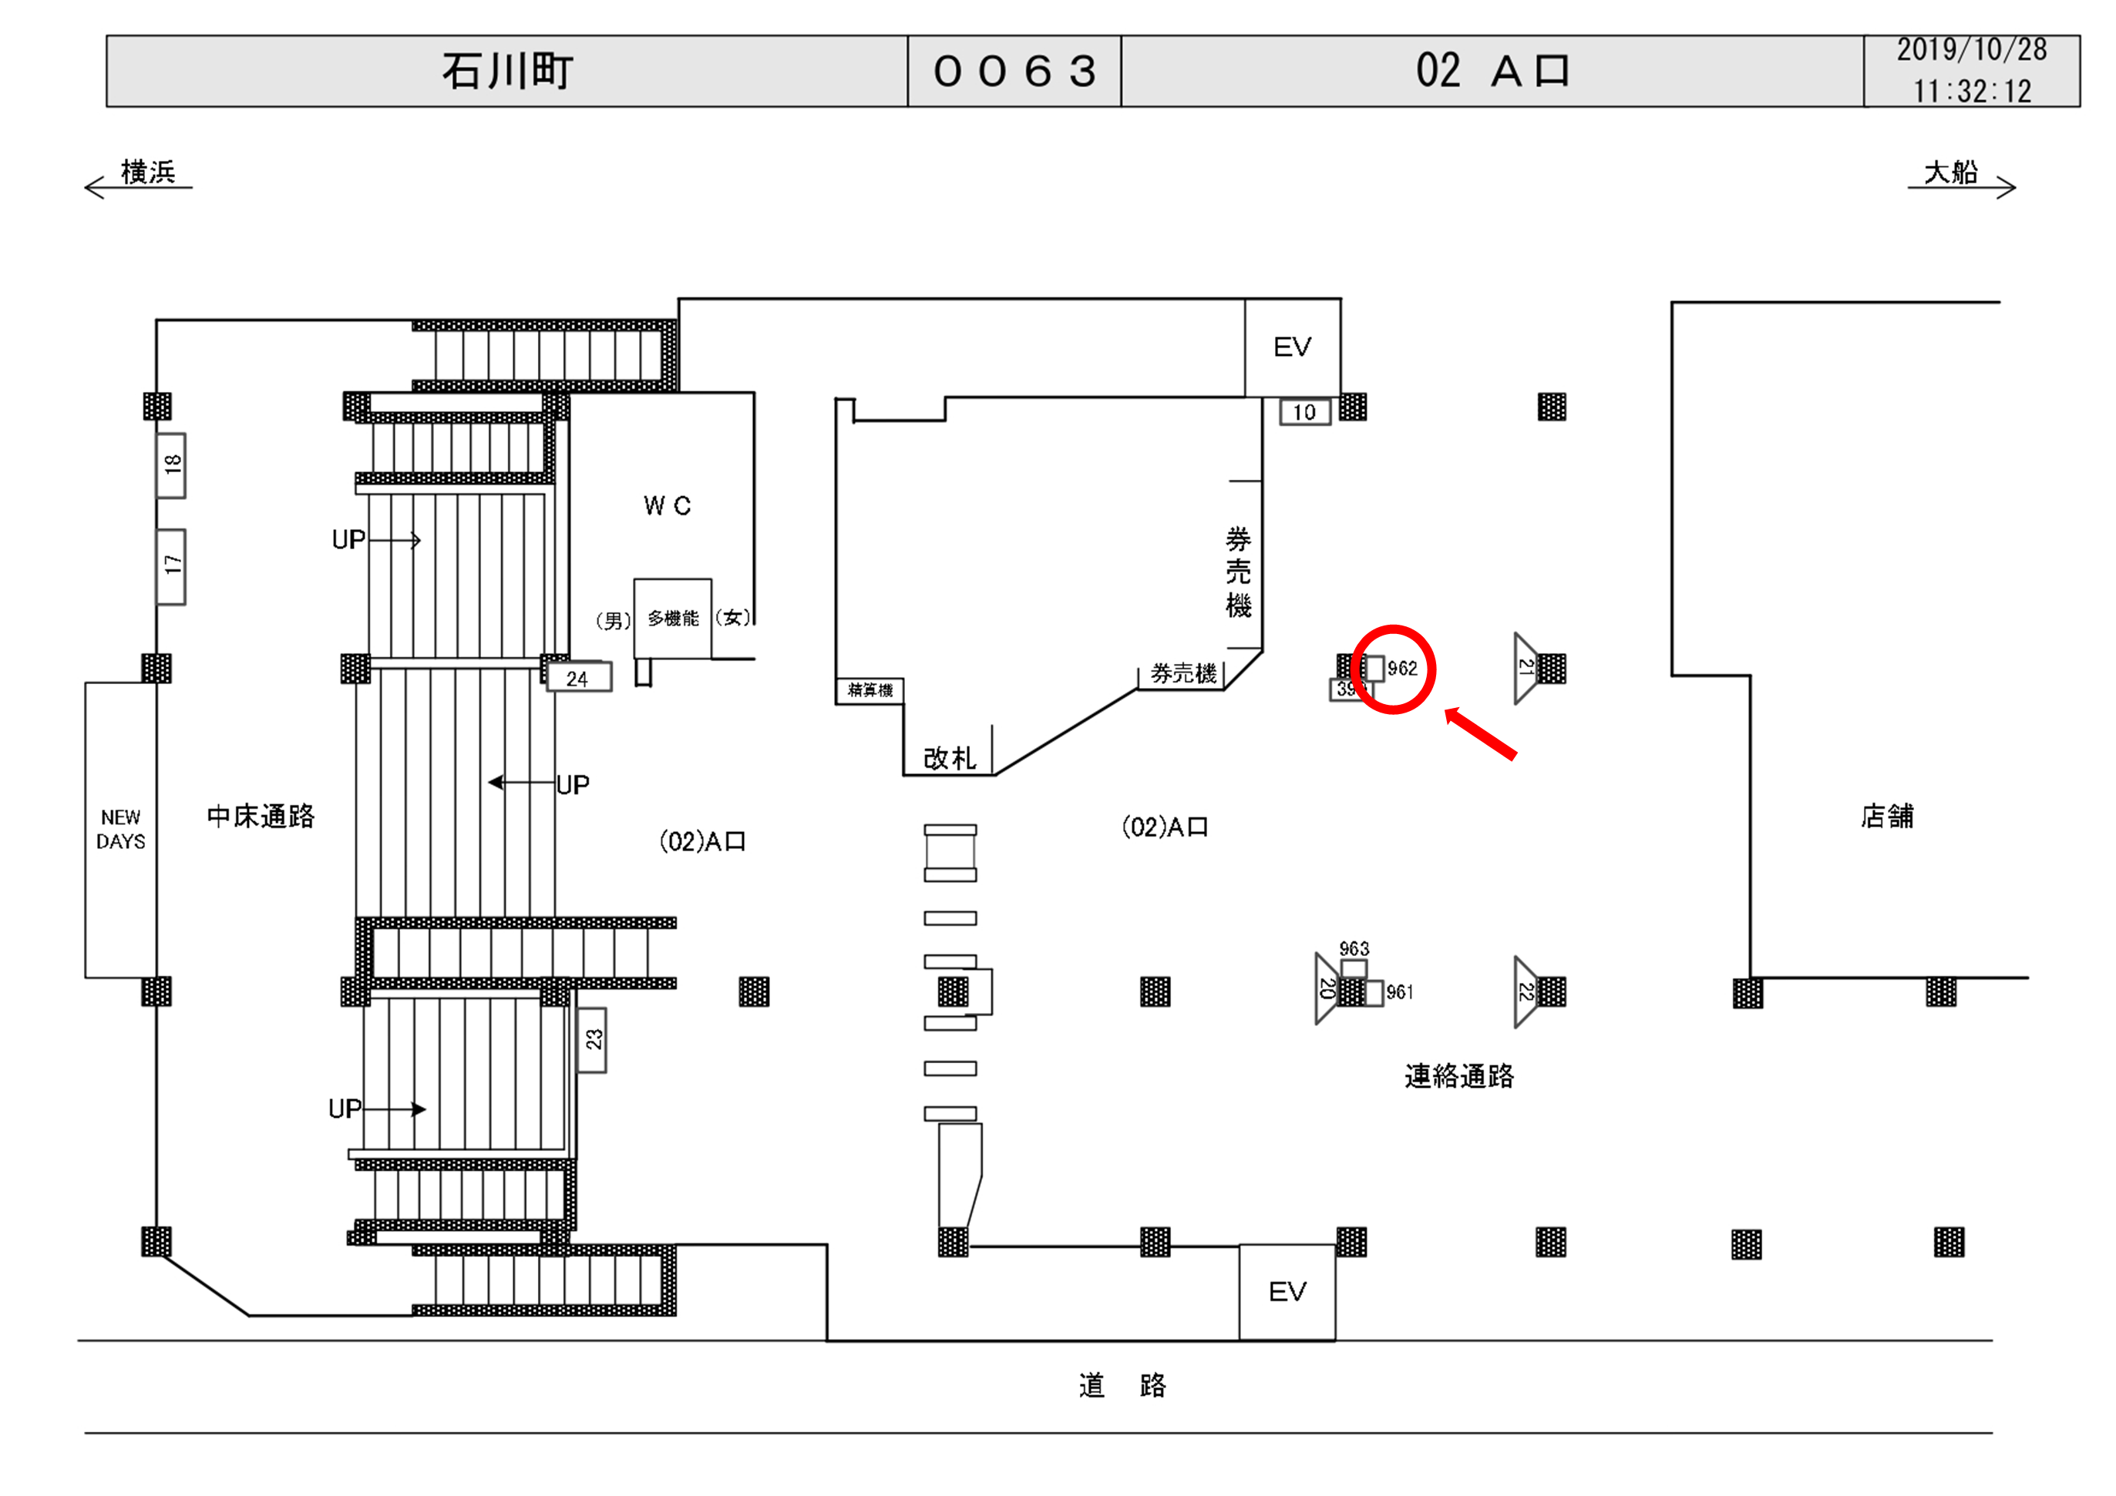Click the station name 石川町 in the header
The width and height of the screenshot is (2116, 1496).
(x=507, y=71)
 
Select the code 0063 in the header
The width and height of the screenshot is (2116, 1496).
(x=1014, y=71)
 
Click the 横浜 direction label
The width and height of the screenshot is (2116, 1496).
(x=147, y=173)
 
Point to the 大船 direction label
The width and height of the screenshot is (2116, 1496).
(x=1950, y=173)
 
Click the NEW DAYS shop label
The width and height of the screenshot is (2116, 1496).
(x=121, y=829)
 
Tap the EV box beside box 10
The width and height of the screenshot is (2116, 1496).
(x=1292, y=347)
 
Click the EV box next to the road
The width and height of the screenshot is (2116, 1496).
(x=1287, y=1292)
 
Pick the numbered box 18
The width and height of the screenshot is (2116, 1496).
(x=171, y=465)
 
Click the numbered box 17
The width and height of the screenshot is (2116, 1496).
(x=171, y=565)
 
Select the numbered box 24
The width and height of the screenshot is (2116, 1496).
(x=578, y=679)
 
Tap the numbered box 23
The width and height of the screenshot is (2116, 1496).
(x=593, y=1040)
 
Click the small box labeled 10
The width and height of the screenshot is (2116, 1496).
(x=1304, y=412)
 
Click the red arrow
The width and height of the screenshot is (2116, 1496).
(x=1480, y=734)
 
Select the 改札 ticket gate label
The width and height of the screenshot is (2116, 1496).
(x=949, y=758)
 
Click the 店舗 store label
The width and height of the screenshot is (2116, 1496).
(x=1886, y=816)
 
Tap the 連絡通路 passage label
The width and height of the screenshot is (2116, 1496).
(x=1459, y=1076)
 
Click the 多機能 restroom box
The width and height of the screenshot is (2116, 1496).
(x=673, y=618)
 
